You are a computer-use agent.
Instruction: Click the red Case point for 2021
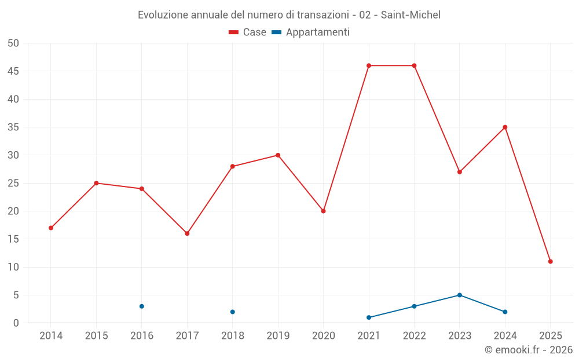tap(369, 65)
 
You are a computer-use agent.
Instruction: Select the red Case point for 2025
tap(551, 261)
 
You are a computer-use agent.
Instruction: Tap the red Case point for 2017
tap(187, 233)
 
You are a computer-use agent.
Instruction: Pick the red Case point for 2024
tap(505, 127)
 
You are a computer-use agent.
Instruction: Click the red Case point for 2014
tap(51, 228)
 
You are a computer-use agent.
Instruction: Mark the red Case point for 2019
tap(278, 155)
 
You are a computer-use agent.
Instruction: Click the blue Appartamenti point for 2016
tap(142, 306)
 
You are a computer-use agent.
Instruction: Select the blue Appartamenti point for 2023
tap(460, 295)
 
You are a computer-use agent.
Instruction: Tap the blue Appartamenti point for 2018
tap(233, 312)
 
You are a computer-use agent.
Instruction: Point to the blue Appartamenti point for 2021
tap(369, 317)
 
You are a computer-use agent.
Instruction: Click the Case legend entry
tap(248, 32)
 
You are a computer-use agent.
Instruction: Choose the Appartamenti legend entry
tap(311, 32)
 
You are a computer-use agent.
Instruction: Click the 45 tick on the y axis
tap(13, 71)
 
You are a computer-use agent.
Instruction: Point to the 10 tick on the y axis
tap(13, 267)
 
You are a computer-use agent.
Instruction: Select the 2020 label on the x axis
tap(324, 336)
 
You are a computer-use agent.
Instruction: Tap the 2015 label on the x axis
tap(96, 336)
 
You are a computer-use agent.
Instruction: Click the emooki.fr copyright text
tap(528, 350)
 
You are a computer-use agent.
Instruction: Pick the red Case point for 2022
tap(414, 65)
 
